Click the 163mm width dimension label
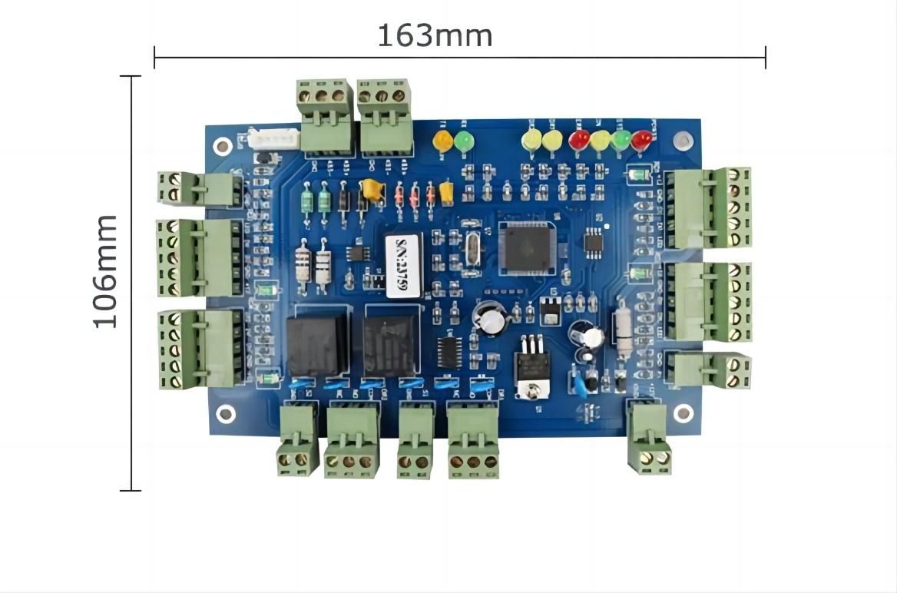coord(435,35)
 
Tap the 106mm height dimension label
coord(105,271)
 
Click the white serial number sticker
coord(403,265)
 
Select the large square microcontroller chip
coord(526,247)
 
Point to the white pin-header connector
coord(273,139)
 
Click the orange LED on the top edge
coord(443,141)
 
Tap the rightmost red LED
coord(641,139)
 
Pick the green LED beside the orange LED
coord(464,141)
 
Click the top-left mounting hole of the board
coord(222,146)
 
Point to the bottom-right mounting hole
coord(683,413)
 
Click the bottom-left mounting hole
coord(226,414)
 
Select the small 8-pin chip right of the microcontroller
coord(594,243)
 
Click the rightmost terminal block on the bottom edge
coord(649,437)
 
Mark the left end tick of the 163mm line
coord(154,57)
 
